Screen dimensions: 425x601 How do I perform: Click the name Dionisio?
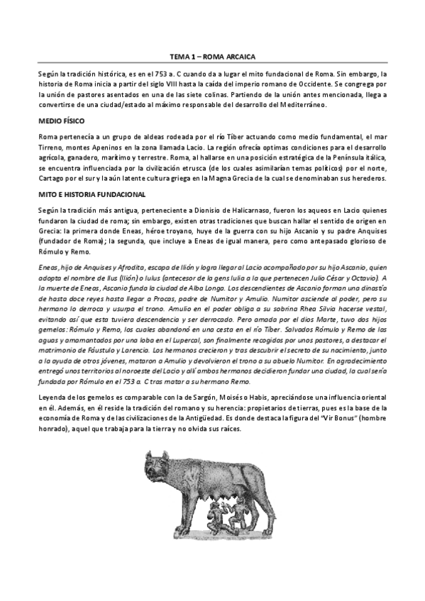click(214, 209)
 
